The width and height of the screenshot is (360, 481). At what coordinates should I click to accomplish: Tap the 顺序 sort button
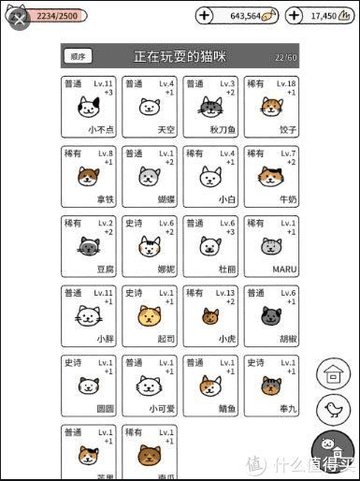point(79,57)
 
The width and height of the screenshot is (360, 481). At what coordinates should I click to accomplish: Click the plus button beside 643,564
point(206,16)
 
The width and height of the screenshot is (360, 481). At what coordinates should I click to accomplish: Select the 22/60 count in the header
point(286,57)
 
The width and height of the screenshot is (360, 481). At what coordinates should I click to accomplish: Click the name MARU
point(283,269)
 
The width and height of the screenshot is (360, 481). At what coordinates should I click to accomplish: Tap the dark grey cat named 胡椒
point(271,316)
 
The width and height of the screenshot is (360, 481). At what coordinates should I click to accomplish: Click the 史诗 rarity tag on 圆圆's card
point(72,361)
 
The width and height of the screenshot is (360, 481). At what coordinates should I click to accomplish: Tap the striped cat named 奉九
point(271,386)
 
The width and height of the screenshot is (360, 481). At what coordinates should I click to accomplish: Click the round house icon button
point(331,374)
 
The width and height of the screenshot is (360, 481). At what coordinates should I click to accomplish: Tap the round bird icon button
point(331,408)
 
